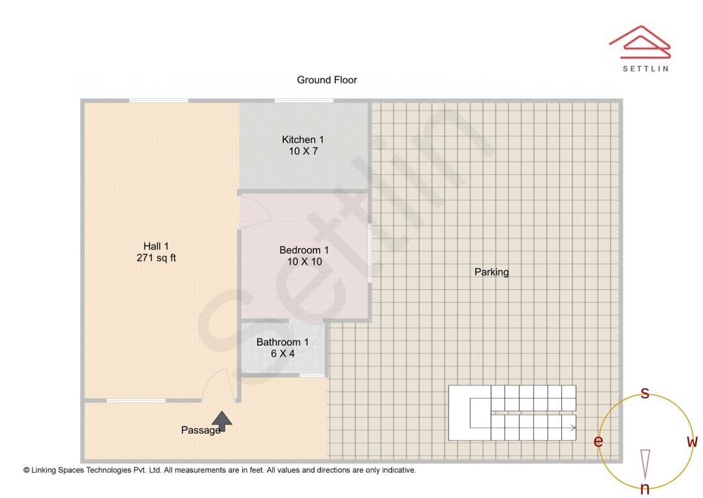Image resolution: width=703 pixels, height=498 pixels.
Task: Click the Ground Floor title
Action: [327, 80]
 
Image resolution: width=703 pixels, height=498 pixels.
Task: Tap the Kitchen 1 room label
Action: [303, 139]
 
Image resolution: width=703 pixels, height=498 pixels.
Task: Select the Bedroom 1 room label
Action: [304, 250]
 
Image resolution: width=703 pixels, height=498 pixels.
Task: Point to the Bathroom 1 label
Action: [283, 342]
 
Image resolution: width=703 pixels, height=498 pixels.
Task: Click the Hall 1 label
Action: [156, 246]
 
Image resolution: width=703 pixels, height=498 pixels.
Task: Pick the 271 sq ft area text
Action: [156, 257]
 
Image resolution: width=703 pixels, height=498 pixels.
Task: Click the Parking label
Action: [491, 272]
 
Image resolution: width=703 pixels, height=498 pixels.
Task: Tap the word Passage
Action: [200, 430]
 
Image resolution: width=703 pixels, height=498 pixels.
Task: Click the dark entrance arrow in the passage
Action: [222, 421]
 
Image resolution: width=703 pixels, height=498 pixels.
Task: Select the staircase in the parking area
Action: [512, 413]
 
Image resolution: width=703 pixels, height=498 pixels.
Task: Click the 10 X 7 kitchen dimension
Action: [303, 151]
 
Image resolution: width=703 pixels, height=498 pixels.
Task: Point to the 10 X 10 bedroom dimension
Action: [305, 262]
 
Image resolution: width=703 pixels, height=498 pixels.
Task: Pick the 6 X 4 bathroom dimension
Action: [283, 354]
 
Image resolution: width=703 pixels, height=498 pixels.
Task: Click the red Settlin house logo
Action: [640, 42]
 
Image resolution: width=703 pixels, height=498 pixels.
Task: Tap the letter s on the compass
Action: [645, 393]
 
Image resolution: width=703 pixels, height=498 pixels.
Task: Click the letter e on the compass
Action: [598, 441]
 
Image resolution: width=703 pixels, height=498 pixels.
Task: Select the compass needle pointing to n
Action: [645, 464]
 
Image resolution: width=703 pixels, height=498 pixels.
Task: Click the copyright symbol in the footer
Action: [27, 470]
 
